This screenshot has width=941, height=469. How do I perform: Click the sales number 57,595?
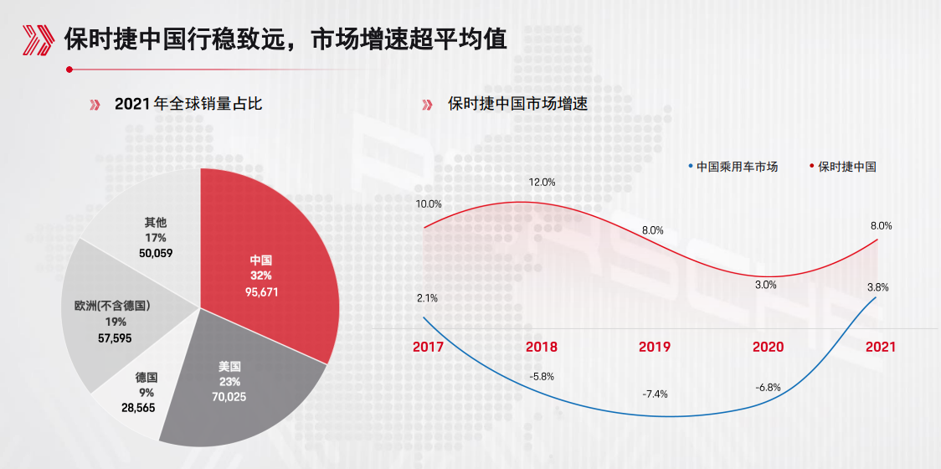(114, 338)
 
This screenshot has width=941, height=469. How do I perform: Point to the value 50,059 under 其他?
(156, 253)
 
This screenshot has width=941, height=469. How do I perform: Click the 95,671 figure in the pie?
(261, 291)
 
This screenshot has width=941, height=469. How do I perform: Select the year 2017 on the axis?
(429, 347)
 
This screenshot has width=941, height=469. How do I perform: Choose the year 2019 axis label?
(654, 347)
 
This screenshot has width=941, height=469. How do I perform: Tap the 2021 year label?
(880, 347)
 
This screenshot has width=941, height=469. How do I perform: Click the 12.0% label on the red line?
(542, 182)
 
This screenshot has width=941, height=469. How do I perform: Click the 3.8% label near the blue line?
(877, 287)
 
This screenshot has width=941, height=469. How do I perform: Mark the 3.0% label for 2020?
(765, 285)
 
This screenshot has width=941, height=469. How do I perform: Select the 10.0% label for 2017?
(429, 204)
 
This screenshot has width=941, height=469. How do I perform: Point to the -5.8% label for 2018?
(542, 377)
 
